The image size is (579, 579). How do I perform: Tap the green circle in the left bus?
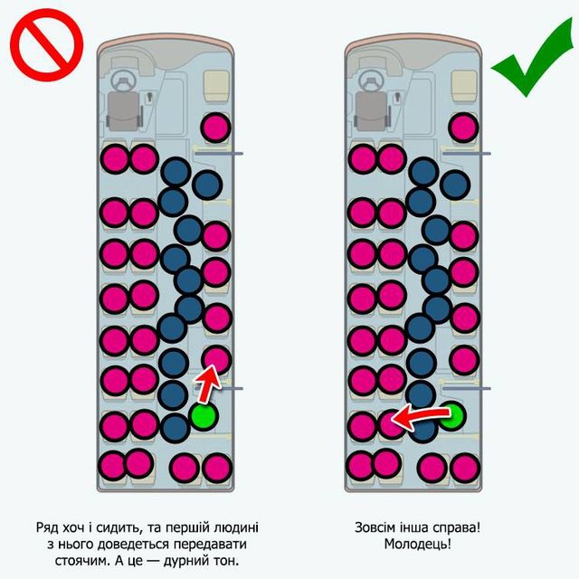click(204, 416)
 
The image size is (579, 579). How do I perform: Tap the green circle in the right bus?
click(451, 416)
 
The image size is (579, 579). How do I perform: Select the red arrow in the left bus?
click(208, 384)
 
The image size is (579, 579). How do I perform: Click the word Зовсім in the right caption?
click(377, 526)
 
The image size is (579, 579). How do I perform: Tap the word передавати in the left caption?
click(223, 545)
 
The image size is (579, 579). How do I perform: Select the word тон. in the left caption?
click(239, 563)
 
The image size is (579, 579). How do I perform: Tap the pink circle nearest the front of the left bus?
click(214, 128)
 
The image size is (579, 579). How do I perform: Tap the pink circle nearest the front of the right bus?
click(463, 128)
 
